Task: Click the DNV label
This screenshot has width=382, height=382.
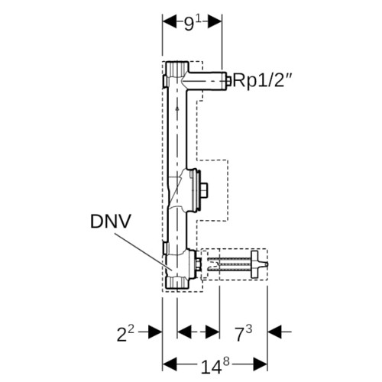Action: coord(111,222)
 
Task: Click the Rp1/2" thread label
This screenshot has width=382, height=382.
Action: coord(262,80)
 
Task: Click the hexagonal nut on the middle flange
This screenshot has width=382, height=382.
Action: coord(205,190)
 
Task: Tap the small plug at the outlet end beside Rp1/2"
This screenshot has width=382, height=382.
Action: coord(228,81)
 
